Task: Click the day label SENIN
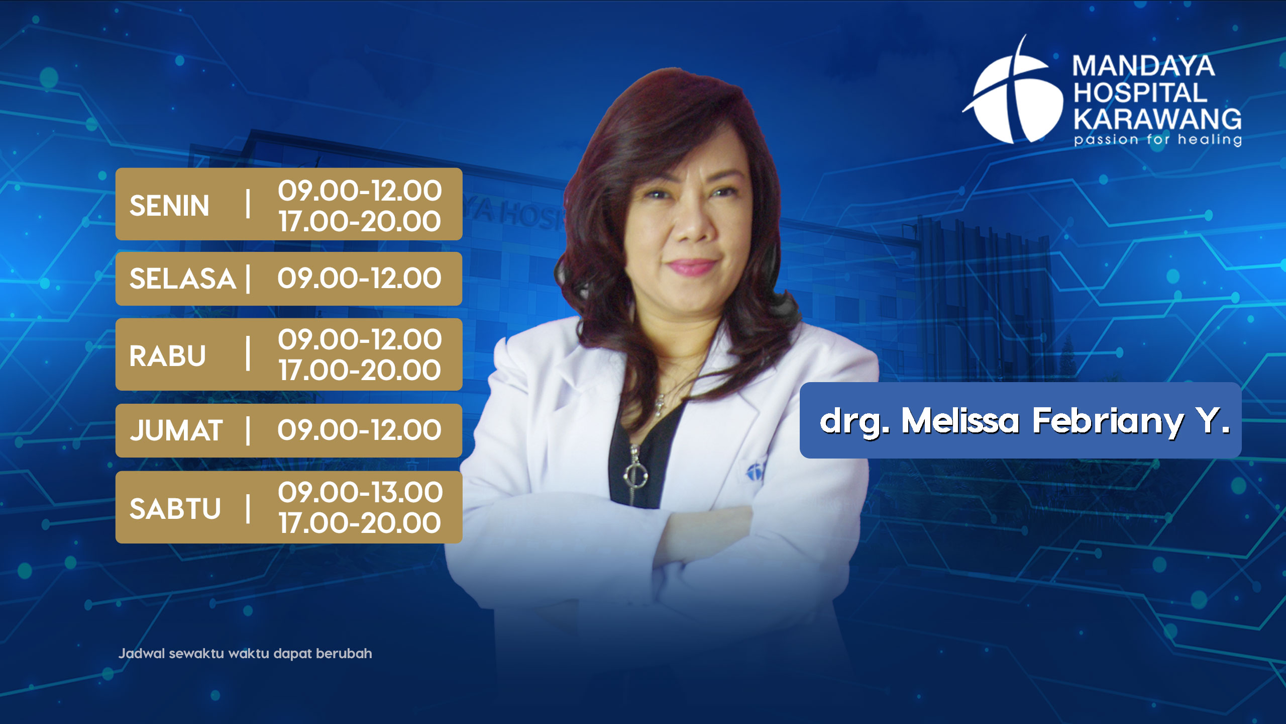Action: tap(169, 206)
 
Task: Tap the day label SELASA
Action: tap(183, 279)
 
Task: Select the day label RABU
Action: tap(168, 356)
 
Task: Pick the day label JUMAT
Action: tap(176, 430)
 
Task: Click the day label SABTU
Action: tap(175, 508)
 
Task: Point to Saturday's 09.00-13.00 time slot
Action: tap(360, 492)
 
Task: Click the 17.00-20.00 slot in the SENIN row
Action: tap(360, 221)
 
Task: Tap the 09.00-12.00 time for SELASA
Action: tap(360, 278)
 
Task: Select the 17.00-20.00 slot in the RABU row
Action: tap(360, 370)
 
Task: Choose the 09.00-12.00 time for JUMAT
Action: tap(360, 430)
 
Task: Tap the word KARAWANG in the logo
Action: tap(1157, 119)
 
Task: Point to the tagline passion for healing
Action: tap(1157, 139)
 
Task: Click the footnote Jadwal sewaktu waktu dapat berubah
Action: tap(245, 654)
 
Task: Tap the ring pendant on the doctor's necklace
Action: tap(635, 474)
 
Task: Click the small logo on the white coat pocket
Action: tap(755, 471)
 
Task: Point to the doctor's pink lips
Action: tap(692, 266)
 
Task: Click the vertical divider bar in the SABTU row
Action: tap(248, 508)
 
